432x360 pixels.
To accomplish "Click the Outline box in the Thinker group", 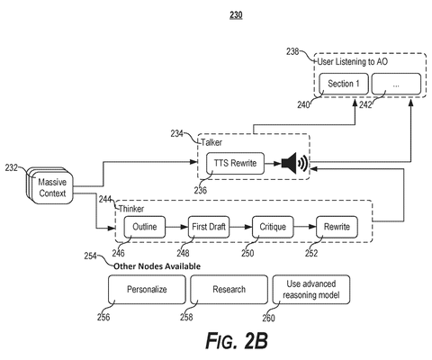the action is (x=145, y=227).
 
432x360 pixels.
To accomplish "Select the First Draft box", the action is (x=209, y=227).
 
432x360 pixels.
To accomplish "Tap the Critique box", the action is (x=273, y=227).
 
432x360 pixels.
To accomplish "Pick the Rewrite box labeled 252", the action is (x=337, y=227).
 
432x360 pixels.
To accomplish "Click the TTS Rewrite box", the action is (x=235, y=163).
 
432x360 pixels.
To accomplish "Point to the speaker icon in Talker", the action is (x=294, y=163).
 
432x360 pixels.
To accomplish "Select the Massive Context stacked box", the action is (x=50, y=186).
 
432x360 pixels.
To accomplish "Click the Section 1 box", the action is (x=344, y=84).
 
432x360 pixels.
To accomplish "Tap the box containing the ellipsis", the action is (x=396, y=84).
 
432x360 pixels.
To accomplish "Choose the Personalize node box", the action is (x=147, y=290).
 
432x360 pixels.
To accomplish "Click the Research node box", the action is (x=229, y=290).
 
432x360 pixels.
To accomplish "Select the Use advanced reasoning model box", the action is (x=311, y=290).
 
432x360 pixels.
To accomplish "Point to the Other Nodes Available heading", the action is (x=157, y=266).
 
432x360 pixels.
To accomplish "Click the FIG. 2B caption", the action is (x=237, y=340).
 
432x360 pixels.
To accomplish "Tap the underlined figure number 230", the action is (x=236, y=15).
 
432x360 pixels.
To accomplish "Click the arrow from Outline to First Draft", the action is (x=176, y=227).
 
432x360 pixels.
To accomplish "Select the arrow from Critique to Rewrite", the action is (x=305, y=227).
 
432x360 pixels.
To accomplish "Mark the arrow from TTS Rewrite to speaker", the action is (x=273, y=164).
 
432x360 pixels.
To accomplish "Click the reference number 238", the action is (x=292, y=51).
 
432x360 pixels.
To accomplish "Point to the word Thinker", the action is (x=131, y=209).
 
